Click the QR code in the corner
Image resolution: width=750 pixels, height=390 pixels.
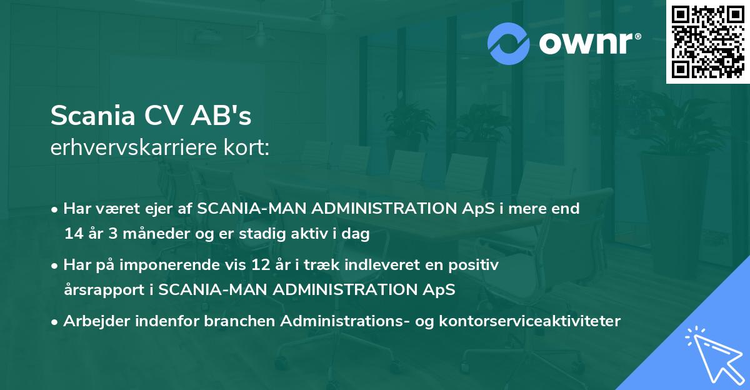point(707,41)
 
